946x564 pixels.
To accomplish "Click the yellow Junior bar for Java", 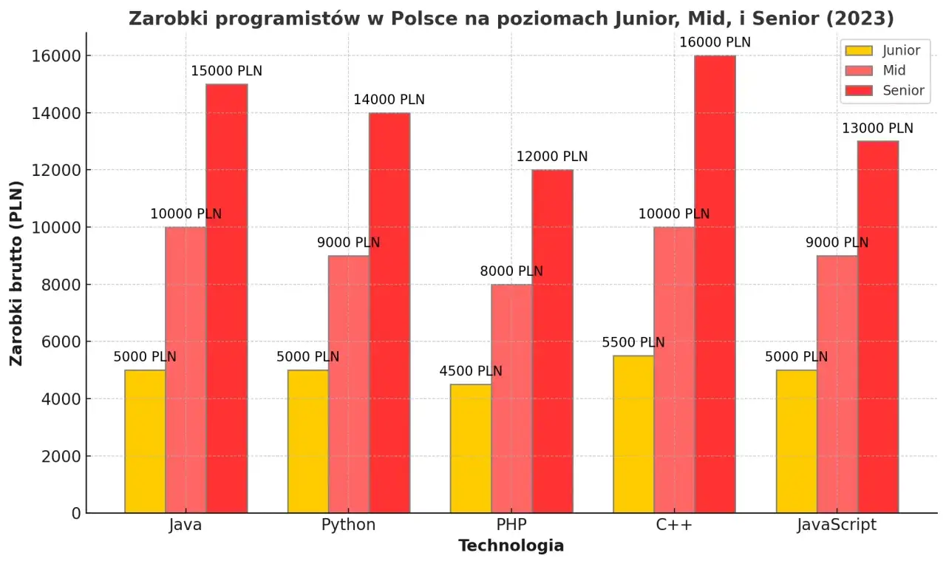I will coord(145,441).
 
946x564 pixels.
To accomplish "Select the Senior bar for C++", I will coord(715,285).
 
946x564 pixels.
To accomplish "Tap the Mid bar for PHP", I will coord(511,398).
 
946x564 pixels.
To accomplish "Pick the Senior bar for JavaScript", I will coord(878,327).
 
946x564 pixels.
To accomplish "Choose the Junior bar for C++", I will coord(633,434).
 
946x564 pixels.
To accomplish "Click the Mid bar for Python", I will coord(349,384).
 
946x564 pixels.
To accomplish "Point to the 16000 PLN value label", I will coord(715,43).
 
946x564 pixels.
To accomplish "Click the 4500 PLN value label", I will coord(471,371).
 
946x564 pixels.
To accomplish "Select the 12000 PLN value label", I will coord(552,157).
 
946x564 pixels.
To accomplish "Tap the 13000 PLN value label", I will coord(877,129).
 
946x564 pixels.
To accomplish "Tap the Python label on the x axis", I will coord(348,526).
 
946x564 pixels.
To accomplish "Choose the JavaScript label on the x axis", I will coord(837,526).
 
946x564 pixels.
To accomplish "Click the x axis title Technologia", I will coord(511,546).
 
